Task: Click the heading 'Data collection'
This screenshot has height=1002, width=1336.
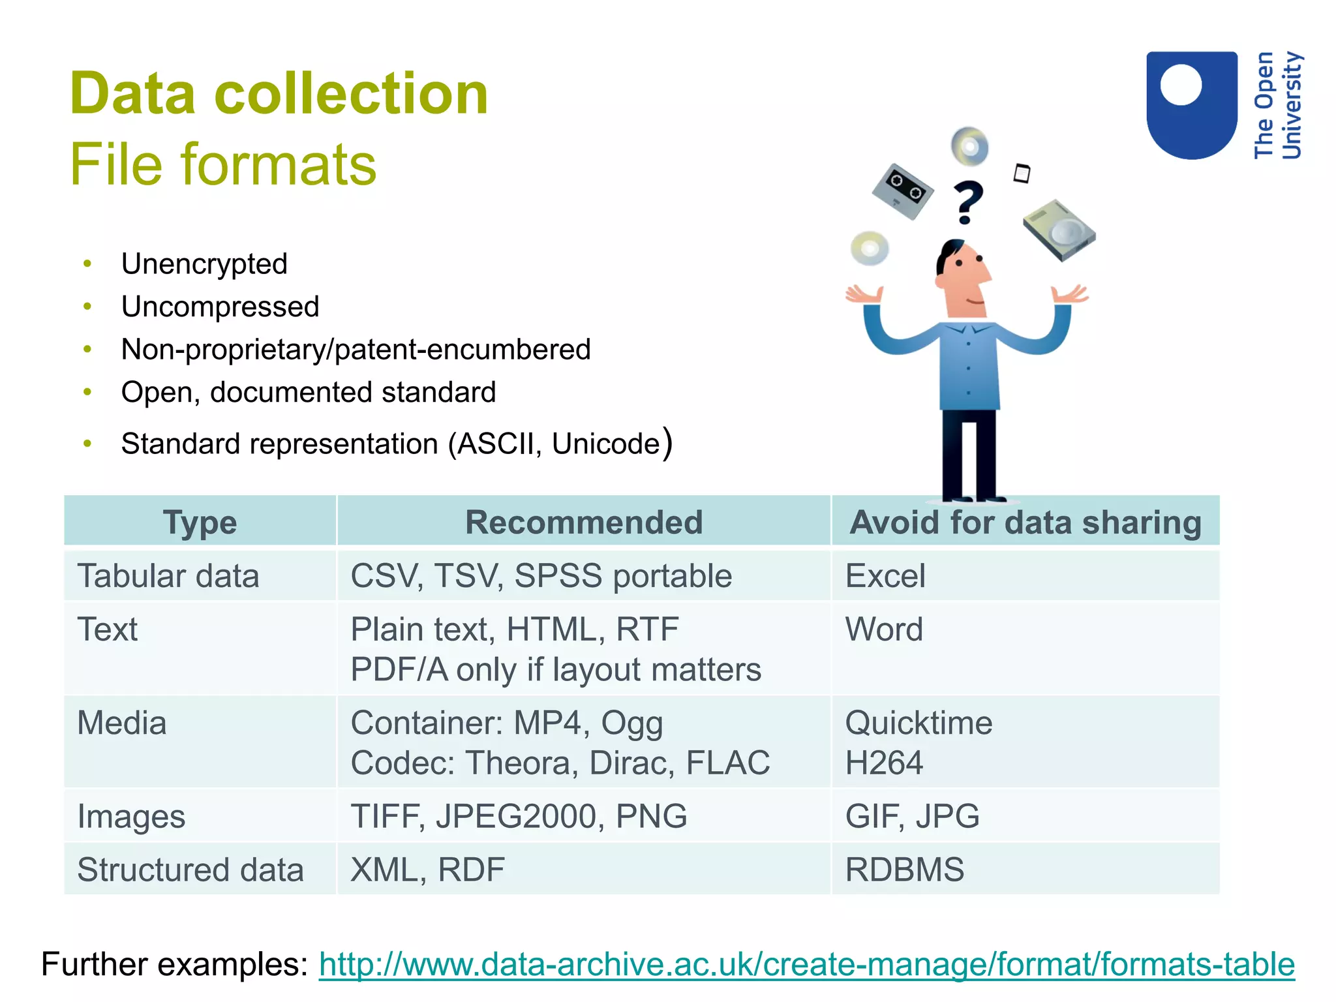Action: click(279, 94)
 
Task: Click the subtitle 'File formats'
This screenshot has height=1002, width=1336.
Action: click(223, 164)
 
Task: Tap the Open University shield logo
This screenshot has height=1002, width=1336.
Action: click(1191, 104)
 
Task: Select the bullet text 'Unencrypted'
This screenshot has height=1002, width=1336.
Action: click(204, 264)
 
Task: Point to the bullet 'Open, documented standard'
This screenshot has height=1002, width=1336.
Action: click(309, 393)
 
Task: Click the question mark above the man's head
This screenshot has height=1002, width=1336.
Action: click(968, 202)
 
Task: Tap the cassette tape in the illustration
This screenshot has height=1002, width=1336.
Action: click(903, 191)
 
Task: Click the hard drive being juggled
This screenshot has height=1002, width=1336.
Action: click(1059, 230)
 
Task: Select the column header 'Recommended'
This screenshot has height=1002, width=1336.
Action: click(584, 523)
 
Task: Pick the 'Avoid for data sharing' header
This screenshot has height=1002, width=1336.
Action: click(1025, 523)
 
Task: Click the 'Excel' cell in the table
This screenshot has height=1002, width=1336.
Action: click(885, 576)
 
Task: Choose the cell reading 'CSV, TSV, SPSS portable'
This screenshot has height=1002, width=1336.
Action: click(541, 576)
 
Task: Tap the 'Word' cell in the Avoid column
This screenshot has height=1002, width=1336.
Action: click(884, 630)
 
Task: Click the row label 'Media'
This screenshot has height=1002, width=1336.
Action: click(122, 723)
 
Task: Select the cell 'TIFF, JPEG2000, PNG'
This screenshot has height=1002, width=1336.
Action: click(519, 816)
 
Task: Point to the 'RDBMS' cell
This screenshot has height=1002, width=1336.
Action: click(904, 870)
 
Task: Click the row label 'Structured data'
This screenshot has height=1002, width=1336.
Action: click(190, 870)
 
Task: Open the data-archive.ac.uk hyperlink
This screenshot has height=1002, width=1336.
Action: click(806, 964)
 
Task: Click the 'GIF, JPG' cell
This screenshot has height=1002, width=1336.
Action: click(912, 816)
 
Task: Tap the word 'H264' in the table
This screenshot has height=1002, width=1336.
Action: click(884, 763)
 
